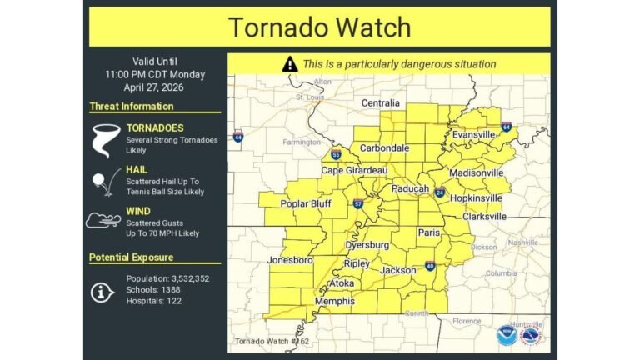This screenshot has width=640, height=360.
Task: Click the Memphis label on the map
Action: [334, 301]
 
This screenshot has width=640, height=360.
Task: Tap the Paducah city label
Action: [411, 188]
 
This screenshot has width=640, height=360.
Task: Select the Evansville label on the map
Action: [473, 134]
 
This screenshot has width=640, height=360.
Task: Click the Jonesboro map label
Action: [290, 260]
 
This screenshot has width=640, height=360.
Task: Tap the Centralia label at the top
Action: [381, 103]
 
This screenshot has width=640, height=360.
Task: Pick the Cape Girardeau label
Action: [355, 170]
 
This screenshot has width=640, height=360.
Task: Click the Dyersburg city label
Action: [367, 246]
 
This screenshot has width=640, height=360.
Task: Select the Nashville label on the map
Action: [524, 242]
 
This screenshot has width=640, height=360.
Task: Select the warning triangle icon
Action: [289, 64]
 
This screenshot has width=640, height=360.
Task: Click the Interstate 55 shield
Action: [335, 155]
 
